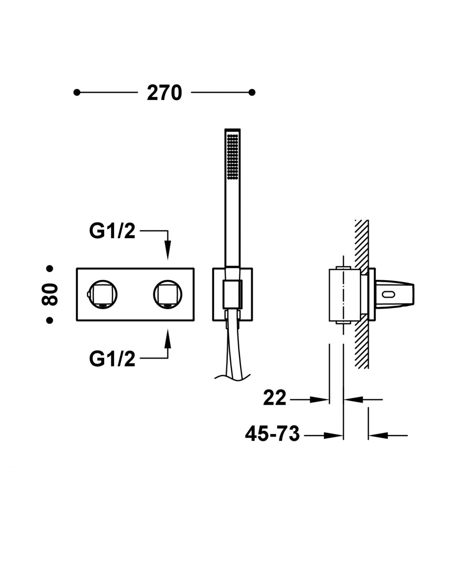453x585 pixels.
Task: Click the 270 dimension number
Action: (x=164, y=93)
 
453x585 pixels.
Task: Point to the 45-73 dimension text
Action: (x=272, y=434)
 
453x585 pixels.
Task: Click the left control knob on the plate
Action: (x=103, y=294)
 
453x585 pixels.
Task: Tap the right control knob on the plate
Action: (x=168, y=294)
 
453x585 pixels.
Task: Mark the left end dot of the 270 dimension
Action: (x=77, y=93)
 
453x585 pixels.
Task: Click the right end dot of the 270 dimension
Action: (x=252, y=93)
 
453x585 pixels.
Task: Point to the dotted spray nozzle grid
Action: (x=233, y=156)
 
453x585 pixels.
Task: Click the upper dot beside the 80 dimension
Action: (x=49, y=268)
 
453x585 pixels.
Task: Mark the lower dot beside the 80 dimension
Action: (x=49, y=320)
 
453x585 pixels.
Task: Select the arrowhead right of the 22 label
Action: (x=319, y=399)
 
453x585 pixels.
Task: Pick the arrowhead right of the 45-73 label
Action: (x=333, y=435)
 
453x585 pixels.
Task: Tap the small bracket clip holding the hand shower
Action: (x=233, y=294)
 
